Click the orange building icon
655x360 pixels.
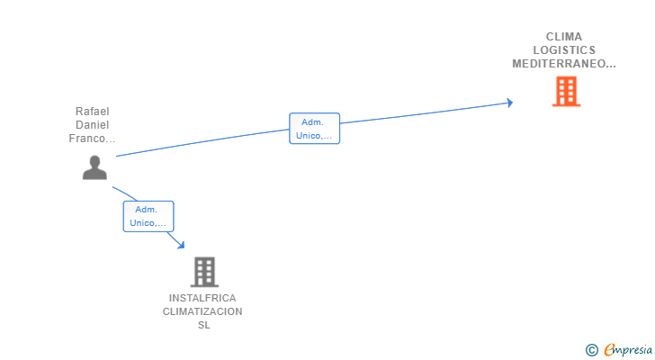tap(566, 92)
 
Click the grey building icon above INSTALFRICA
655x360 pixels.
tap(204, 272)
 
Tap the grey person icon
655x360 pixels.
tap(94, 167)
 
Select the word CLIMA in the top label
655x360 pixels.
tap(564, 37)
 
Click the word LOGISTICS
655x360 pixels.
tap(564, 50)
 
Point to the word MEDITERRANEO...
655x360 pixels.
tap(563, 64)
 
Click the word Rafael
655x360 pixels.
tap(92, 112)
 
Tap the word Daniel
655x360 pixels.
tap(92, 125)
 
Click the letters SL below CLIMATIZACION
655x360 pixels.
tap(203, 325)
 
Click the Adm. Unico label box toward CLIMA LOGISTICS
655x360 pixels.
tap(314, 129)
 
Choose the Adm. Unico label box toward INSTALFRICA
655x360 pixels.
tap(148, 216)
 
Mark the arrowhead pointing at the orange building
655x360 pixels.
tap(509, 103)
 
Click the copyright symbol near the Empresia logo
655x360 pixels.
tap(591, 350)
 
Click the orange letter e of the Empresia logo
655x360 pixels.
tap(610, 350)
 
